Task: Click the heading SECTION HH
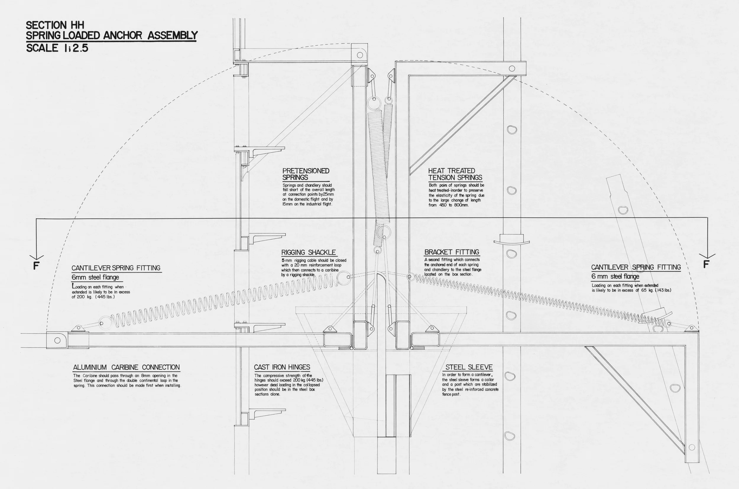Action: pos(55,25)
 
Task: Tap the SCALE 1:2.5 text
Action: pos(57,48)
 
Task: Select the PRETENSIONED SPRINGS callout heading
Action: pos(306,174)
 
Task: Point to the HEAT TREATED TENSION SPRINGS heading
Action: pos(455,174)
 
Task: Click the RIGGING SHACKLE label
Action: pos(309,252)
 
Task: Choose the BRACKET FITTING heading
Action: pos(452,252)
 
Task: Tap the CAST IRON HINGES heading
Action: pos(282,367)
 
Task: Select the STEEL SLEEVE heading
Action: pos(469,367)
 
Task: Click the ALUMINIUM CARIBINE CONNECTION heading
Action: pos(126,367)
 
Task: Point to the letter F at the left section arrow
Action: pos(36,266)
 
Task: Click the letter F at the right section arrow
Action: pos(706,264)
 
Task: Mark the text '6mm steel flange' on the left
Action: pos(95,277)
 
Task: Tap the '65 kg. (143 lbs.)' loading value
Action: pos(656,290)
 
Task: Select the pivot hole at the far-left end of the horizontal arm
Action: pos(57,340)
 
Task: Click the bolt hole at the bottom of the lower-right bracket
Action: pos(692,447)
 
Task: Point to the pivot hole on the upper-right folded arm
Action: pos(512,68)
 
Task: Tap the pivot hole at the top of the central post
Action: pos(360,55)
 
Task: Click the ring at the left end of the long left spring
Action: pos(105,322)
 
